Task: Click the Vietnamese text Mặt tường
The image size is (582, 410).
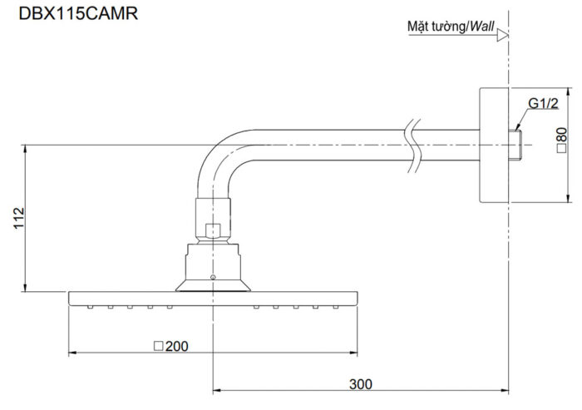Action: [x=436, y=27]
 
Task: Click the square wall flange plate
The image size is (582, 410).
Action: [x=492, y=145]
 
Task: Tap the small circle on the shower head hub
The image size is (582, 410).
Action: [x=213, y=276]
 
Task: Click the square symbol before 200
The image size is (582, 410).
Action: [x=158, y=345]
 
